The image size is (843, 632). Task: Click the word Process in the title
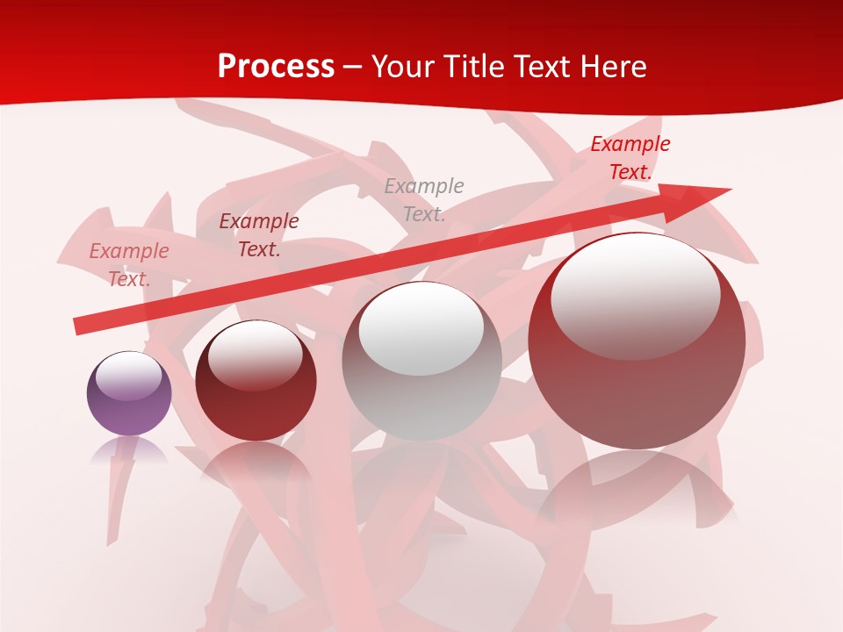click(276, 67)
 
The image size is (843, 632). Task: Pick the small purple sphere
click(129, 394)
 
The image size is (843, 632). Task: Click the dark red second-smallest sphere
click(256, 380)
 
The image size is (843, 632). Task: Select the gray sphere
click(421, 362)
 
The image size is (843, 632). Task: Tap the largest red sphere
click(637, 341)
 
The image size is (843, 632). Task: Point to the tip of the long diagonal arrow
click(729, 190)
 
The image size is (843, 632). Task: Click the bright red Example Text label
click(630, 158)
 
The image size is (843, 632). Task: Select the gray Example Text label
click(424, 199)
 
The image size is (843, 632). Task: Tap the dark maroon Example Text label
click(258, 234)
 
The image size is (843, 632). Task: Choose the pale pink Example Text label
click(129, 264)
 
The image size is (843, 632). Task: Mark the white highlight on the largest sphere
click(635, 297)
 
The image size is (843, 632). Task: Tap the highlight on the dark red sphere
click(256, 355)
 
